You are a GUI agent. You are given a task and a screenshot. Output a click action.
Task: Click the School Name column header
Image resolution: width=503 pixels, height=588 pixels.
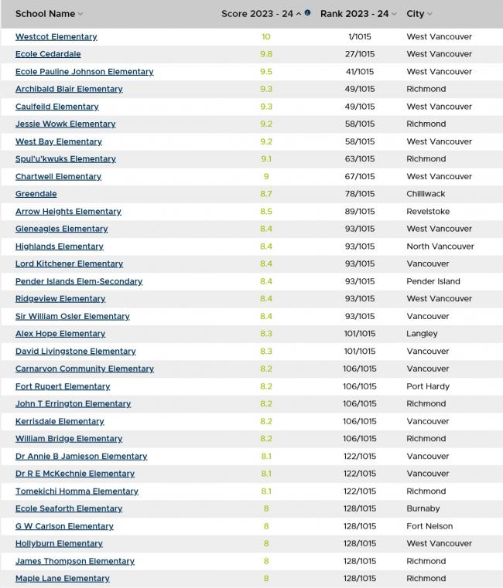coord(45,14)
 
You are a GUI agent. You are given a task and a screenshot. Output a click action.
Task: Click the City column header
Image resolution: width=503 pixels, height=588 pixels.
coord(416,14)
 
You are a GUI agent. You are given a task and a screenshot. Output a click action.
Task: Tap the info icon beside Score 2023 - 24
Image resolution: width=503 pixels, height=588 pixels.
coord(308,13)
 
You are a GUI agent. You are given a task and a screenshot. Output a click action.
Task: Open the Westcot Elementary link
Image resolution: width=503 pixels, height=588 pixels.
coord(56,36)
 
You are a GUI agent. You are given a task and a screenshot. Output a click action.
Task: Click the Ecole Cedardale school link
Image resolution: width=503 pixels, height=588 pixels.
coord(48,54)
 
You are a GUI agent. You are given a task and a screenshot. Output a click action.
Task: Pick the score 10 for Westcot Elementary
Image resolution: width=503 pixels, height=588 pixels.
coord(266,36)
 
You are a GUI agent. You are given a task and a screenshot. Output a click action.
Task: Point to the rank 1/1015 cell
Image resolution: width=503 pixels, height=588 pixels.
coord(360,36)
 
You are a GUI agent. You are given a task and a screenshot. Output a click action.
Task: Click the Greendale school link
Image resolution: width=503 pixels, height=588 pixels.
coord(36,194)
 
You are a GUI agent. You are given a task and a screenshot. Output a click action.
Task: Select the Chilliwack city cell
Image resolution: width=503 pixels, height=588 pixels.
coord(426,194)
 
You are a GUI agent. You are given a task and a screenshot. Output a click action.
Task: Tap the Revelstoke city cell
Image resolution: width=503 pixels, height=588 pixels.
coord(428,211)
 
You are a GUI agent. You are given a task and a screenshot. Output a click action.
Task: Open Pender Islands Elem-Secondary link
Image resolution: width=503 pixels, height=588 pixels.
coord(79,281)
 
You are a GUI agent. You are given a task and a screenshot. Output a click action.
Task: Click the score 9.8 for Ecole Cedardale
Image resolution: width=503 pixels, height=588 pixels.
coord(266,54)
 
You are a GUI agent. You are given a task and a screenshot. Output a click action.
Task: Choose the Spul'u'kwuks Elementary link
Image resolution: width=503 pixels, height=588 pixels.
coord(65,158)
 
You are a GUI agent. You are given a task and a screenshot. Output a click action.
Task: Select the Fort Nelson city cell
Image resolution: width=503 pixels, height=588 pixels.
coord(430,526)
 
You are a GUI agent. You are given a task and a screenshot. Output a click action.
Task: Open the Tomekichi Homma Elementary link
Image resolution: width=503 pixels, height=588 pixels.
coord(77,491)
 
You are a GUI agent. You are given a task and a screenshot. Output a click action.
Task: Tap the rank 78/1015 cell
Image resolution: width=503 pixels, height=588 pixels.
coord(360,194)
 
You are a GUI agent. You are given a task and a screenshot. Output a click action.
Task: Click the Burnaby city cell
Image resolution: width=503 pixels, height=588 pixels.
coord(423,508)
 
